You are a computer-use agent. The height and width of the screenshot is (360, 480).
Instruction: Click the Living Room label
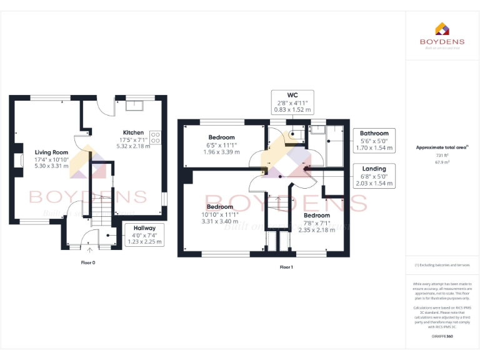(51, 152)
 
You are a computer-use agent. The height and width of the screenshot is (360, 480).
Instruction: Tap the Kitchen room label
(133, 132)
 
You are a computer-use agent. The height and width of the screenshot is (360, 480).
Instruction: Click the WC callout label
(292, 102)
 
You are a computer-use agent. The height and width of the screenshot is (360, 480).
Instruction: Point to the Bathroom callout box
(374, 141)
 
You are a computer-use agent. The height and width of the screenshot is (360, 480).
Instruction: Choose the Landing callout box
(374, 176)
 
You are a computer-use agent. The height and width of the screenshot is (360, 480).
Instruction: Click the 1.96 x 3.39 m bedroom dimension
(221, 152)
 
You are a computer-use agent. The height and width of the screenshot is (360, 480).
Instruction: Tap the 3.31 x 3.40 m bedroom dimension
(220, 221)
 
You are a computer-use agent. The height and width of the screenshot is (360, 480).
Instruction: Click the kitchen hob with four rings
(154, 137)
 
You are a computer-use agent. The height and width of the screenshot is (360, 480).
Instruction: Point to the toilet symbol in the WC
(292, 132)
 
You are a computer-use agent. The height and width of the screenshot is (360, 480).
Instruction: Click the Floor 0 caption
(89, 262)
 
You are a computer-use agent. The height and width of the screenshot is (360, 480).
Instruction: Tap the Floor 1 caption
(286, 267)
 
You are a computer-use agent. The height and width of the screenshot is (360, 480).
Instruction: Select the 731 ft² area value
(442, 156)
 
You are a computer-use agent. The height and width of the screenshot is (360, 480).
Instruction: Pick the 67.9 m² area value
(442, 162)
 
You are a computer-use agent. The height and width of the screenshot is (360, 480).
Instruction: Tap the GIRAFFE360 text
(442, 337)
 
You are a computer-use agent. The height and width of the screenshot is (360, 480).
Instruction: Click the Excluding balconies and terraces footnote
(442, 265)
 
